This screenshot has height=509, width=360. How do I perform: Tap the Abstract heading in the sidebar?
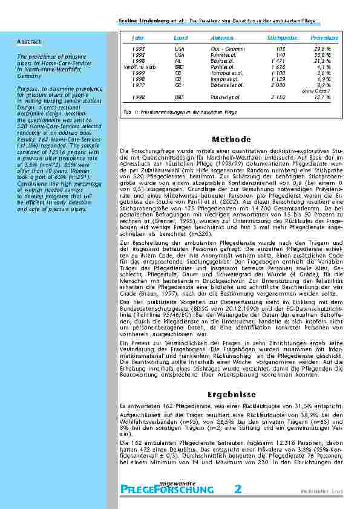[29, 41]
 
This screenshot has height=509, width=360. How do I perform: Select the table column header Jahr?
[138, 38]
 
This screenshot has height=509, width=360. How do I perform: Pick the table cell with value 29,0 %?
[330, 48]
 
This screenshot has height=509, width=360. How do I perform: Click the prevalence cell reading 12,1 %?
[330, 97]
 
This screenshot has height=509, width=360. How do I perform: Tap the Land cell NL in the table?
[179, 61]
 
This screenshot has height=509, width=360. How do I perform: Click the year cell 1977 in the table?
[138, 86]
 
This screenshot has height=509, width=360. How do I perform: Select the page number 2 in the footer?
[238, 488]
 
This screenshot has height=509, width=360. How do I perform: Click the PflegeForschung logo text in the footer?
[168, 489]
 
